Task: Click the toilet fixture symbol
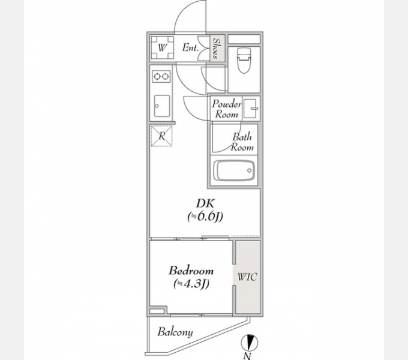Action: [244, 61]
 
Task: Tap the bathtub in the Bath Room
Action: [233, 170]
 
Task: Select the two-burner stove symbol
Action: [161, 76]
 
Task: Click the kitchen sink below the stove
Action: [162, 106]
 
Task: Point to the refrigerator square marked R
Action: [161, 136]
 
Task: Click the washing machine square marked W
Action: [163, 47]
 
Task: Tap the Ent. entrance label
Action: [190, 47]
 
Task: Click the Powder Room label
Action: [226, 109]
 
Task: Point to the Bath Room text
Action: [242, 142]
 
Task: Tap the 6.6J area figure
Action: [205, 217]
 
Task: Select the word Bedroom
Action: [191, 271]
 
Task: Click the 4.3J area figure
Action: [191, 284]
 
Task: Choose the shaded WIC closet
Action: [248, 277]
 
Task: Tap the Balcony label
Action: [175, 332]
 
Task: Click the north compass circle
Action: [249, 343]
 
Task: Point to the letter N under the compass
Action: [247, 356]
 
